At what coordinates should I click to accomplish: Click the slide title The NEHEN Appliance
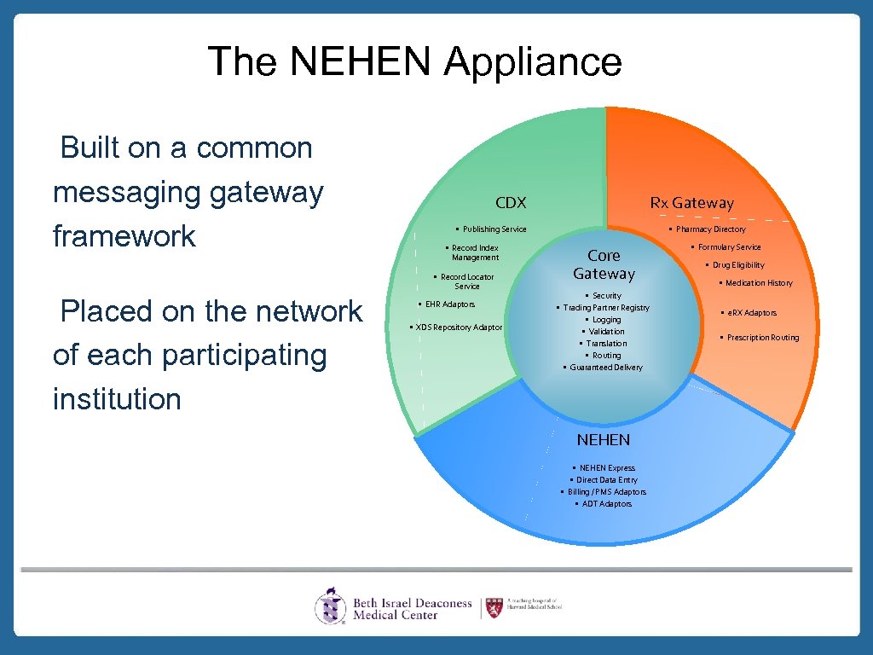pos(414,61)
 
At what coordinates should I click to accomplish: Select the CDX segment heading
pos(511,203)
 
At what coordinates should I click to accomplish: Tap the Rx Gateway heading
pos(691,203)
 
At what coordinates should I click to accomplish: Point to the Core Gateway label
pos(604,264)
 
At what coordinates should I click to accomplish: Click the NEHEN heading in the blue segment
pos(604,440)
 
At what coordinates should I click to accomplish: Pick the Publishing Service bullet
pos(494,229)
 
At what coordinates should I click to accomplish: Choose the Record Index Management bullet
pos(475,252)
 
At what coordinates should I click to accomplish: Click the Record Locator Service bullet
pos(466,281)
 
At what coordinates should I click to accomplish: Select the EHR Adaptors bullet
pos(449,304)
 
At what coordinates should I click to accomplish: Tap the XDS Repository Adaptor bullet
pos(458,327)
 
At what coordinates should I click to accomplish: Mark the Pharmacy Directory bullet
pos(710,229)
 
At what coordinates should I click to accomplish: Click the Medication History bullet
pos(758,283)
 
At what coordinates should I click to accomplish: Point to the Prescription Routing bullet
pos(762,338)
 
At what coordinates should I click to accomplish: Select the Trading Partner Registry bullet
pos(605,308)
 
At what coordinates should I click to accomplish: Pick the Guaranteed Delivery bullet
pos(605,368)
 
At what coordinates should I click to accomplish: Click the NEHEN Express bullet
pos(606,468)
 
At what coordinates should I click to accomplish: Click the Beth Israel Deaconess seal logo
pos(331,606)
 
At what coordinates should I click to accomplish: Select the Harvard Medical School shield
pos(494,607)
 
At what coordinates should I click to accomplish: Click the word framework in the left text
pos(124,236)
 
